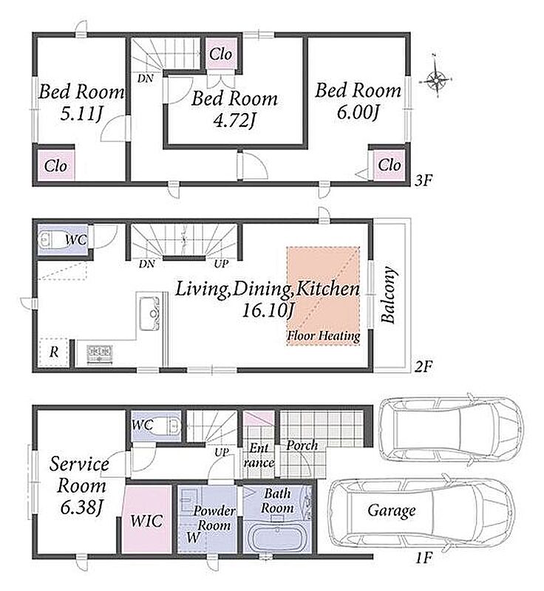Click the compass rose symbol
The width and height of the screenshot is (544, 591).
pos(437,80)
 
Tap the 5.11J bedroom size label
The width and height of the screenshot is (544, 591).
pos(81,114)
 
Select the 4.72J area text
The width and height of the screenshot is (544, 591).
pos(234,120)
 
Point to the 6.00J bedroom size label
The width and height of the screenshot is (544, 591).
pos(358,112)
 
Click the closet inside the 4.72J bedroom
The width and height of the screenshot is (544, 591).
pos(221,53)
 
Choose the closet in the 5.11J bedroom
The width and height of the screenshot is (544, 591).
pos(55,165)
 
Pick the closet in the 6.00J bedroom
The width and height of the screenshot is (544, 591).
pos(389,165)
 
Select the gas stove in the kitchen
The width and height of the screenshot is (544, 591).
pos(99,354)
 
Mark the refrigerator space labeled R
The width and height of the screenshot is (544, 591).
pos(54,352)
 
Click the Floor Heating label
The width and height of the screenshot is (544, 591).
pos(324,335)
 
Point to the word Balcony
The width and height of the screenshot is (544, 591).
pos(388,295)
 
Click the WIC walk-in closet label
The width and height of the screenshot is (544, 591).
pos(146,521)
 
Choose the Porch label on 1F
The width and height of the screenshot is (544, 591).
pos(302,445)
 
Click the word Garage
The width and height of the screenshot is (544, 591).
pos(391,511)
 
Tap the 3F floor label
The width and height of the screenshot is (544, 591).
pos(423,181)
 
